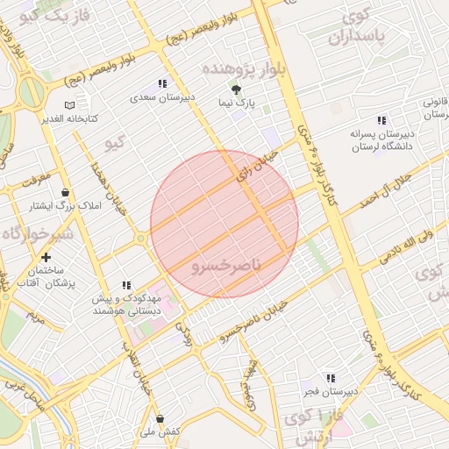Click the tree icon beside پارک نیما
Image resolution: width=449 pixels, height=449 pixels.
point(235,89)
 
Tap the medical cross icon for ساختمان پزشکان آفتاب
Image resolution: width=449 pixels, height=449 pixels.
point(45,258)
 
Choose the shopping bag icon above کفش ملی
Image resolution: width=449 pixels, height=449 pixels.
point(159,418)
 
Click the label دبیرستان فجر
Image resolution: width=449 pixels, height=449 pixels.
point(331,392)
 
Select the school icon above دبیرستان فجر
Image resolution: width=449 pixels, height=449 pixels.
point(331,378)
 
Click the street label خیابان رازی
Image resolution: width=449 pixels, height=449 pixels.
point(256,165)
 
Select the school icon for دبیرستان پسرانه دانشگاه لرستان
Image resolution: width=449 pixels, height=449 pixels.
point(381,119)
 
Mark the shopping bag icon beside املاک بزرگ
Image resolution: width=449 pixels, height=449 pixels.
point(65,192)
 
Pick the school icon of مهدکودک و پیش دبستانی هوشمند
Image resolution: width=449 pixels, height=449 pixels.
point(125,285)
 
